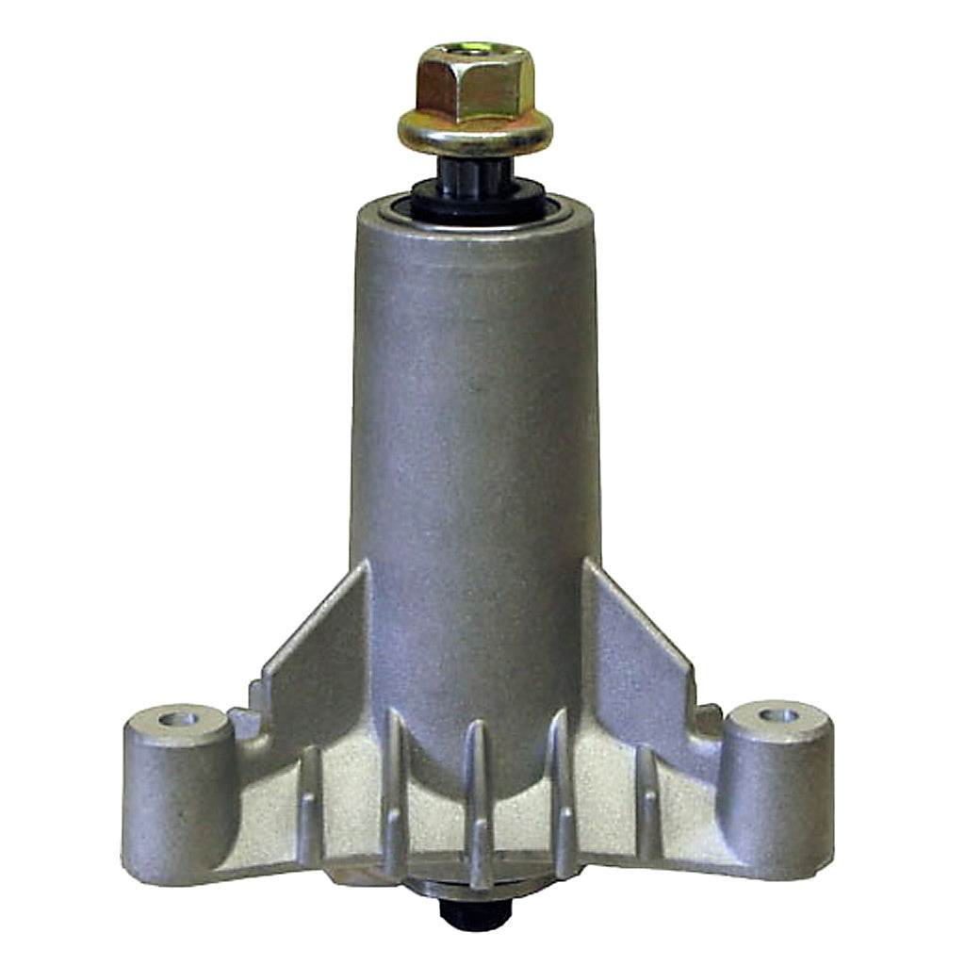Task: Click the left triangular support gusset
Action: tap(316, 650)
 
